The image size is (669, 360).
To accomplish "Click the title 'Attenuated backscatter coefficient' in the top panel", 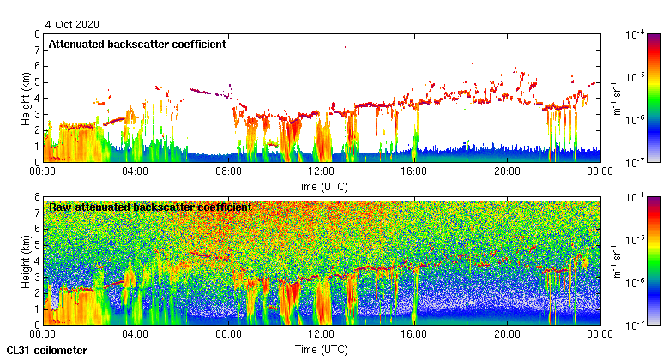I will click(137, 45).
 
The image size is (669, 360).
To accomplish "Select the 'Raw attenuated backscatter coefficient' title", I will click(150, 207).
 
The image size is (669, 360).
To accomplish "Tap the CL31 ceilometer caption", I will click(46, 351).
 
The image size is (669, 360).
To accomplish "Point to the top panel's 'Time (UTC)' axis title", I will click(321, 186).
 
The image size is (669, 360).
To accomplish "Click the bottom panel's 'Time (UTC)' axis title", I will click(321, 350).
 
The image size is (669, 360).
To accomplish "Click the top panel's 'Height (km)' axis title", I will click(27, 98).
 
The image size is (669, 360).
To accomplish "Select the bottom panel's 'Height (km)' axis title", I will click(27, 261).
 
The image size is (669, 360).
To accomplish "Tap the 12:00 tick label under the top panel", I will click(321, 171).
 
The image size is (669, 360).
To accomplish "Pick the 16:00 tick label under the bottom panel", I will click(414, 333).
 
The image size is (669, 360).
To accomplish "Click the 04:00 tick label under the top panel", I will click(136, 171).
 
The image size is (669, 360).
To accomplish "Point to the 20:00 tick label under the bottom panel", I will click(507, 333).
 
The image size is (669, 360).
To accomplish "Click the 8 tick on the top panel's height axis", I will click(36, 34).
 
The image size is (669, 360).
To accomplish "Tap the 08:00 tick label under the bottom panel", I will click(228, 333).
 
